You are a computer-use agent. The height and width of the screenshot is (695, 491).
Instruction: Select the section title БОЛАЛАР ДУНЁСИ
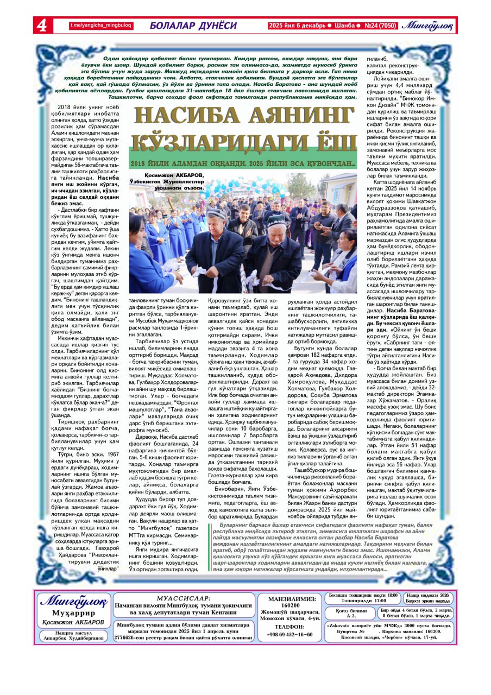click(193, 26)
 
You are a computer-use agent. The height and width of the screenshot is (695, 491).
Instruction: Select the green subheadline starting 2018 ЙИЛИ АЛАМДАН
click(243, 164)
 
